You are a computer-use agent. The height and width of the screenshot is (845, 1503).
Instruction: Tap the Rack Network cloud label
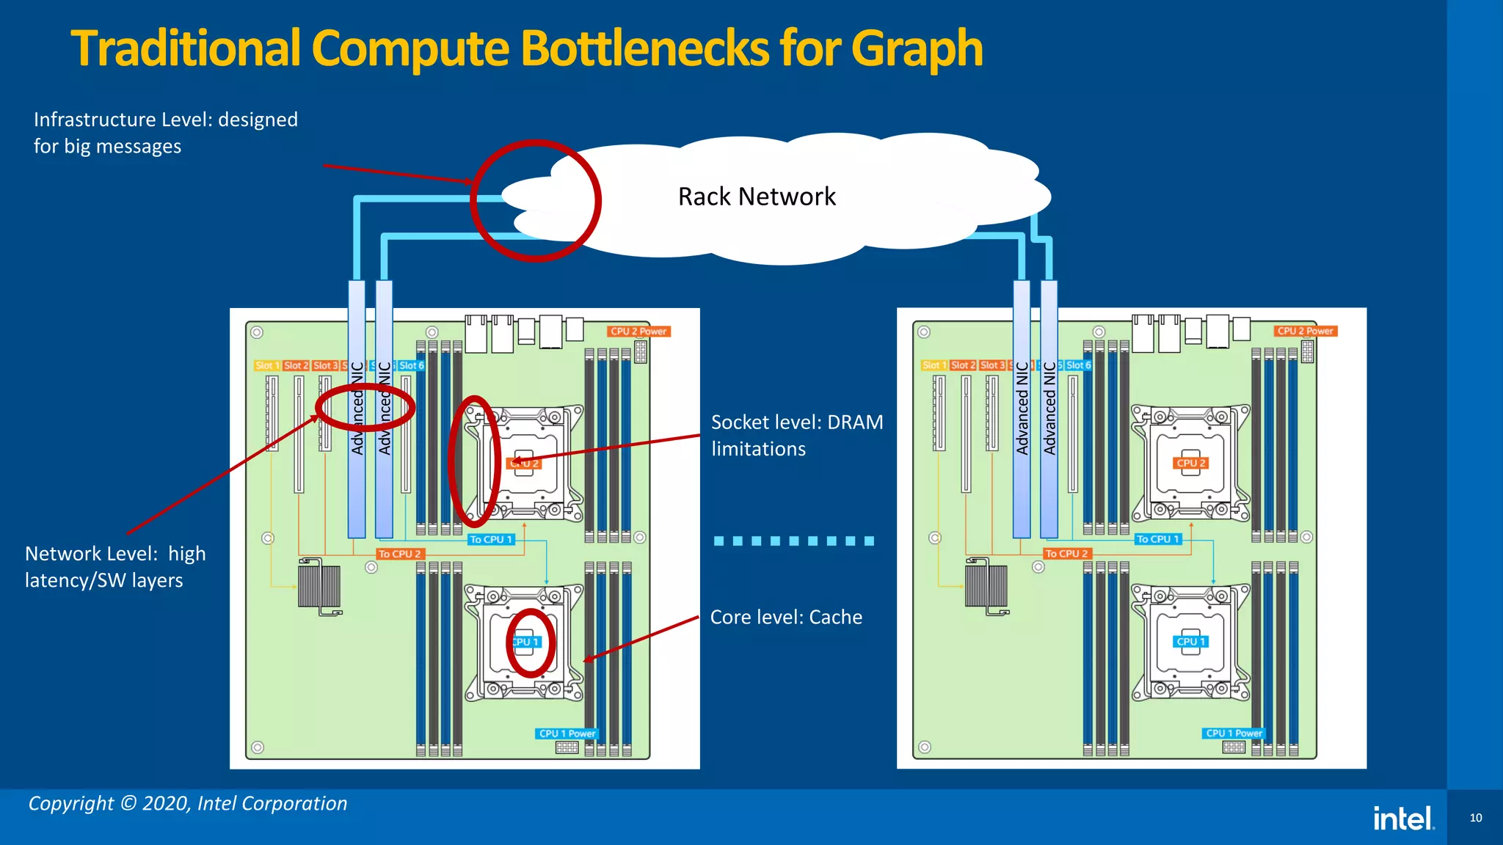pyautogui.click(x=757, y=197)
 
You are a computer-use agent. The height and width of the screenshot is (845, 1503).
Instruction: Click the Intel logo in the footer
pyautogui.click(x=1403, y=819)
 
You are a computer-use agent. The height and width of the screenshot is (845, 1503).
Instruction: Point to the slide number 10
pyautogui.click(x=1475, y=818)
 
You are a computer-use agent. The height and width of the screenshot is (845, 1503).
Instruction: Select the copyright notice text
pyautogui.click(x=188, y=804)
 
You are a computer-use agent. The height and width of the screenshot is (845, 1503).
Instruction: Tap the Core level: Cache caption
pyautogui.click(x=786, y=618)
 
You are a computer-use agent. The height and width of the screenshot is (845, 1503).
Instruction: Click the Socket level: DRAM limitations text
pyautogui.click(x=796, y=436)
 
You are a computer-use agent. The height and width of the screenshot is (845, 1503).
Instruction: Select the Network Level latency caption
pyautogui.click(x=115, y=567)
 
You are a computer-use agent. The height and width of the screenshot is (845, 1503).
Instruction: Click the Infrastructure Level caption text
pyautogui.click(x=165, y=133)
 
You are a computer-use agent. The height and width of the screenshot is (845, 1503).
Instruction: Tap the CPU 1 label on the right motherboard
pyautogui.click(x=1190, y=642)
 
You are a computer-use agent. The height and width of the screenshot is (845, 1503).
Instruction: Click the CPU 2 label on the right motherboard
pyautogui.click(x=1190, y=464)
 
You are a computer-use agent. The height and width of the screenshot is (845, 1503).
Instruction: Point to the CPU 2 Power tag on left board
pyautogui.click(x=638, y=332)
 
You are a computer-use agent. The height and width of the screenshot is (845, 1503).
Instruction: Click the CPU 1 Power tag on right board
pyautogui.click(x=1234, y=734)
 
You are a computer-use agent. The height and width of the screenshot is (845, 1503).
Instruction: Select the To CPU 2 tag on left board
pyautogui.click(x=399, y=555)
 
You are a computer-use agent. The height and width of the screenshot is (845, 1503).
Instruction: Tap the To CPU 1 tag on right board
pyautogui.click(x=1157, y=539)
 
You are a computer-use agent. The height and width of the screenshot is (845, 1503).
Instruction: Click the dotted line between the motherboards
pyautogui.click(x=793, y=541)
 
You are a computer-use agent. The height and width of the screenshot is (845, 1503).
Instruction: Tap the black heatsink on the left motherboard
pyautogui.click(x=319, y=587)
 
